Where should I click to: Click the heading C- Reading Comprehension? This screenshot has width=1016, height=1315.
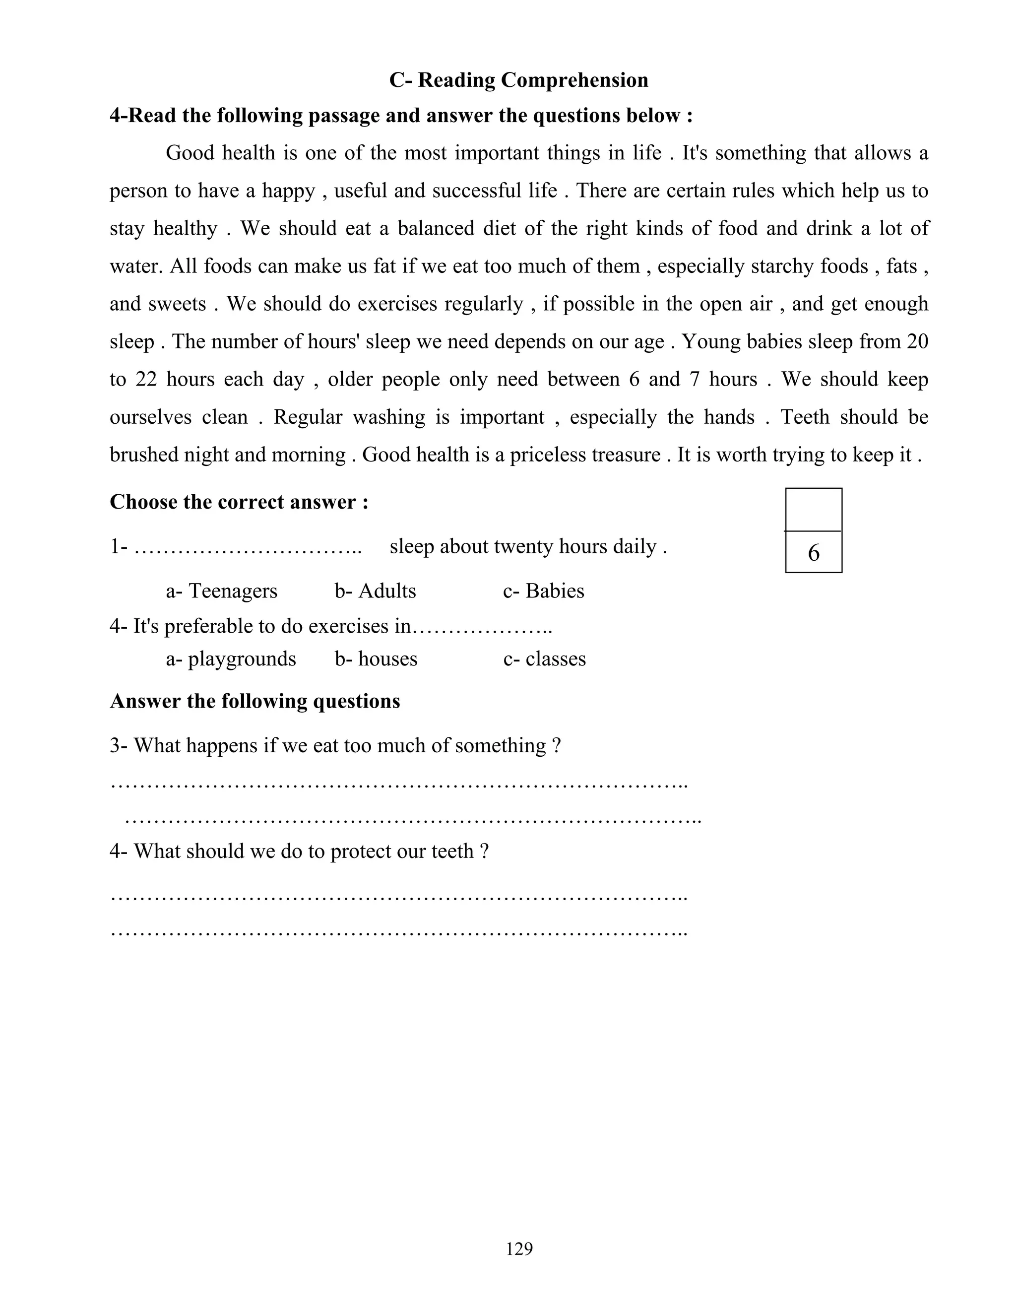point(518,80)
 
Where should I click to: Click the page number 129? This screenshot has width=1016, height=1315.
point(519,1249)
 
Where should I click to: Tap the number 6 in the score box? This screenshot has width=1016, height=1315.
point(813,553)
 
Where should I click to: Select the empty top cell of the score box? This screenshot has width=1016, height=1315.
point(813,510)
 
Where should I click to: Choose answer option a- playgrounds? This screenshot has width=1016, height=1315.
point(231,658)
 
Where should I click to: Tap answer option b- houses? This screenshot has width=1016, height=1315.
point(376,658)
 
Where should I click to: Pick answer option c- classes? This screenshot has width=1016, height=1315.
point(544,658)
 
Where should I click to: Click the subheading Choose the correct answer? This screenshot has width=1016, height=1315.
point(239,502)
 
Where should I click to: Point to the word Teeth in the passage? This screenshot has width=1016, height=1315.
point(805,417)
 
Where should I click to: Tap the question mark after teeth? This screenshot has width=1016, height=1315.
point(485,852)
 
